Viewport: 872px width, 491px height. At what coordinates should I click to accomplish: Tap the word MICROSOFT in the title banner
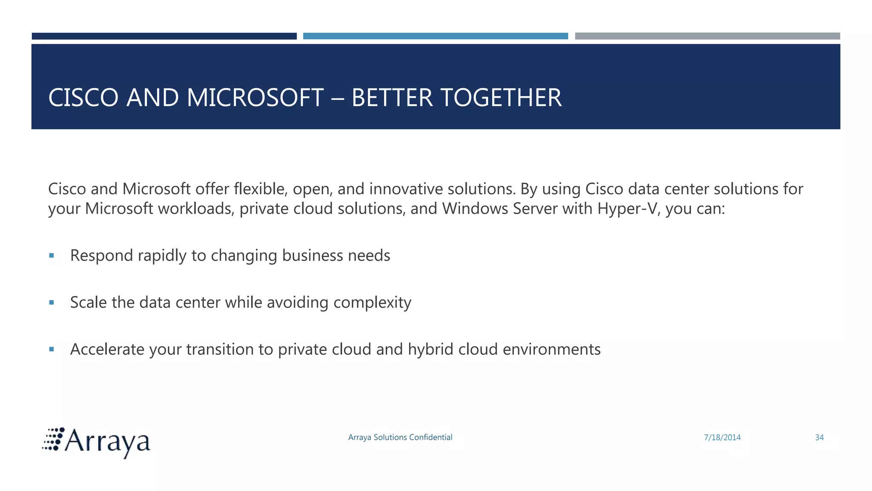click(x=255, y=98)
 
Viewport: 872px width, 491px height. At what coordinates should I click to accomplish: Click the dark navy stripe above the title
click(x=164, y=36)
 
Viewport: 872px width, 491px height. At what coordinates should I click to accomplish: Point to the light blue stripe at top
click(x=435, y=36)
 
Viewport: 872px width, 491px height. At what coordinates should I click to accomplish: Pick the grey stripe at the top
click(x=707, y=36)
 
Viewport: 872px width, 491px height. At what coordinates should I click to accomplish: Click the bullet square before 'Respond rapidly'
click(x=52, y=256)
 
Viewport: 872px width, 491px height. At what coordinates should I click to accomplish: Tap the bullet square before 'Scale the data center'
click(x=52, y=303)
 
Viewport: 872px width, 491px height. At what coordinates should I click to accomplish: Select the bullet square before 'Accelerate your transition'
click(x=52, y=349)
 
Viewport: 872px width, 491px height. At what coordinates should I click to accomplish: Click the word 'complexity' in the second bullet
click(x=372, y=303)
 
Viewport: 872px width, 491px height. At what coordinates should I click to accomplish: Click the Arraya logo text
click(x=107, y=442)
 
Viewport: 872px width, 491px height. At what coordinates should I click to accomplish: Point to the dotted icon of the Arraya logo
click(x=53, y=439)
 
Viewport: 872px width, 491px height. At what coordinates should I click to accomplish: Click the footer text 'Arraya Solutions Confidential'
click(x=400, y=437)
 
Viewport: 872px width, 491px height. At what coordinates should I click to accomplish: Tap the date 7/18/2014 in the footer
click(x=722, y=437)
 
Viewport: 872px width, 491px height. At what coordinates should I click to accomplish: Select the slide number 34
click(x=819, y=437)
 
